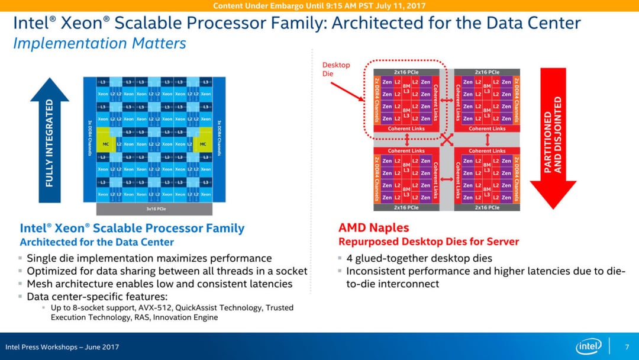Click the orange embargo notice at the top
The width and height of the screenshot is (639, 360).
pos(319,6)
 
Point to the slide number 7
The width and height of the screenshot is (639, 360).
pos(627,347)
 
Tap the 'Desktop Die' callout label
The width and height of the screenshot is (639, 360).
pos(335,69)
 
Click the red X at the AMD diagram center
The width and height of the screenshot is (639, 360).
pos(447,140)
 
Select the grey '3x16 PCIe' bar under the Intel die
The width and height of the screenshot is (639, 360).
pos(154,209)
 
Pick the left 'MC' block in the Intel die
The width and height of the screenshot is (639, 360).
pos(105,144)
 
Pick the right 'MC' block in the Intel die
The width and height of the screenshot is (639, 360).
pos(203,144)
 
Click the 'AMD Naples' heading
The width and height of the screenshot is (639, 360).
pos(373,227)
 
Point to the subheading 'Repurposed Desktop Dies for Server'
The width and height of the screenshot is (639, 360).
pos(428,242)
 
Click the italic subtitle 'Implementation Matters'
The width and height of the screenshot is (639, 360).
pos(99,44)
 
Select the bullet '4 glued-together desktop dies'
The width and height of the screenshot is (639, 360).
pos(419,258)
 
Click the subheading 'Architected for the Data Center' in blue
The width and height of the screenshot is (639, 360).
pos(97,242)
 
